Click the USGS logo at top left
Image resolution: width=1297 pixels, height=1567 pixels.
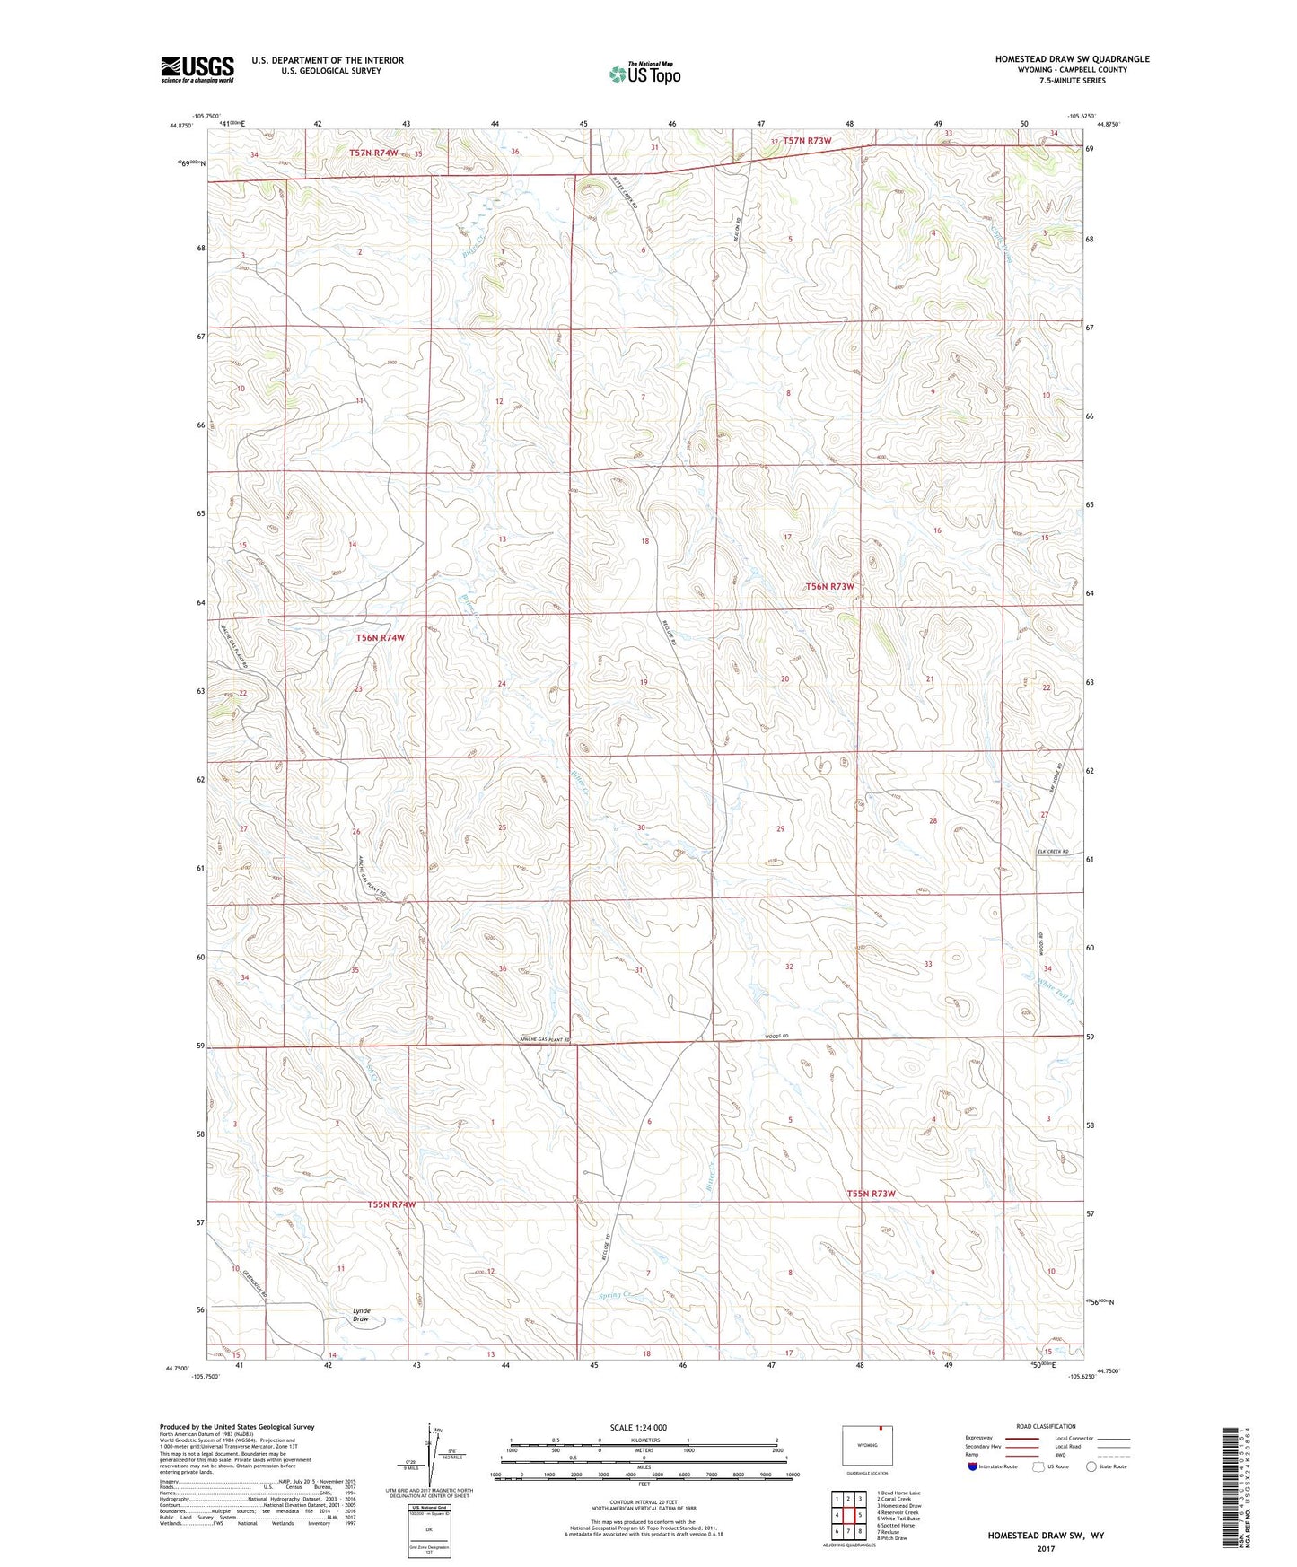tap(197, 69)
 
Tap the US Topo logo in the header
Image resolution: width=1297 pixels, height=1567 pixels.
tap(644, 74)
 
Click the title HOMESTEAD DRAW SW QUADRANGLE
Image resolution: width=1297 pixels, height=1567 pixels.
tap(1071, 59)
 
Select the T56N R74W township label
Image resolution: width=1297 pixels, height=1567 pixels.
tap(380, 638)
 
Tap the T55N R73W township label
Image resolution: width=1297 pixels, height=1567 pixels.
tap(871, 1194)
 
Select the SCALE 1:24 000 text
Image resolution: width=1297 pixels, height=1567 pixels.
tap(637, 1427)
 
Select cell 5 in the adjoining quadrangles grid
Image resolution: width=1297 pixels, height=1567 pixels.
tap(859, 1515)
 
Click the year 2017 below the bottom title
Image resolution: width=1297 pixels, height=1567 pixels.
tap(1046, 1548)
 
